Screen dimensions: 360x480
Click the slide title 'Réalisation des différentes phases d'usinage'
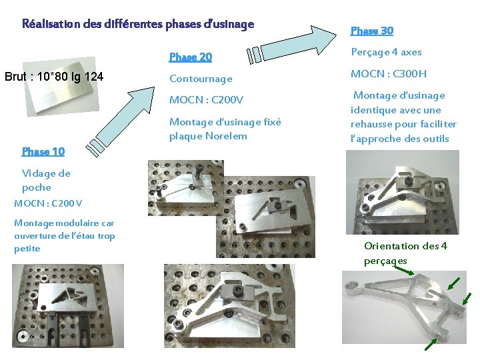click(x=138, y=25)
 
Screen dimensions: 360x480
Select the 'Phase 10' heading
click(x=43, y=151)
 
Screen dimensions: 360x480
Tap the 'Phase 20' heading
click(x=191, y=57)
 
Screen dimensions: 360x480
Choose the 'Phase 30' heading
click(x=372, y=31)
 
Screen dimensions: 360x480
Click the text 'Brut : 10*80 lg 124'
click(x=54, y=77)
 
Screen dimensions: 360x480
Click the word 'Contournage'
click(x=201, y=79)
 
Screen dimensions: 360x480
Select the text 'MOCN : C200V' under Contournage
click(x=206, y=100)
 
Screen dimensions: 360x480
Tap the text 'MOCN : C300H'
click(x=389, y=73)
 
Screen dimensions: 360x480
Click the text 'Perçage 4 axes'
click(x=386, y=52)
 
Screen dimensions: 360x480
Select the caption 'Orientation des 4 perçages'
click(x=405, y=253)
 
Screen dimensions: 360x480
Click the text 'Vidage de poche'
click(x=46, y=180)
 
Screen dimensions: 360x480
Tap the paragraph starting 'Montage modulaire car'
click(x=64, y=235)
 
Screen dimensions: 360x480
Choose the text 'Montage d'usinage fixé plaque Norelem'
click(x=225, y=129)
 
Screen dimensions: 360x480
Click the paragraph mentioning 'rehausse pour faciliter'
click(x=403, y=117)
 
